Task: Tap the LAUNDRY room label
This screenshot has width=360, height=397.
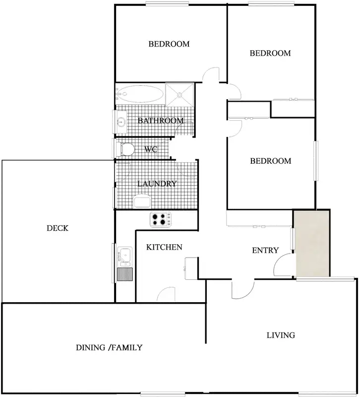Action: pyautogui.click(x=157, y=184)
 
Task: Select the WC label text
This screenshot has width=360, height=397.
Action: pyautogui.click(x=151, y=149)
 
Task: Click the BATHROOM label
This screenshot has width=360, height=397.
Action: pyautogui.click(x=161, y=121)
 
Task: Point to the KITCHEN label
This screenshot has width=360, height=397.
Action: pyautogui.click(x=165, y=247)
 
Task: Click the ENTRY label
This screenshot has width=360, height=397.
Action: pyautogui.click(x=265, y=251)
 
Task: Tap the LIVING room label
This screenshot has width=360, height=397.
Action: pyautogui.click(x=281, y=335)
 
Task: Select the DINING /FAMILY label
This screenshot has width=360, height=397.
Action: pyautogui.click(x=109, y=347)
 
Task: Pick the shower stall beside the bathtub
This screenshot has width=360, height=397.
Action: pyautogui.click(x=180, y=94)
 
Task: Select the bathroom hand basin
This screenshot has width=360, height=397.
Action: pyautogui.click(x=120, y=121)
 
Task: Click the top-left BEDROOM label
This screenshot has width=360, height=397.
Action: pyautogui.click(x=169, y=44)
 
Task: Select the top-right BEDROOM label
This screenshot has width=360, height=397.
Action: pyautogui.click(x=270, y=53)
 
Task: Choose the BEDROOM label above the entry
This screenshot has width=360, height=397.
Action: pyautogui.click(x=270, y=161)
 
